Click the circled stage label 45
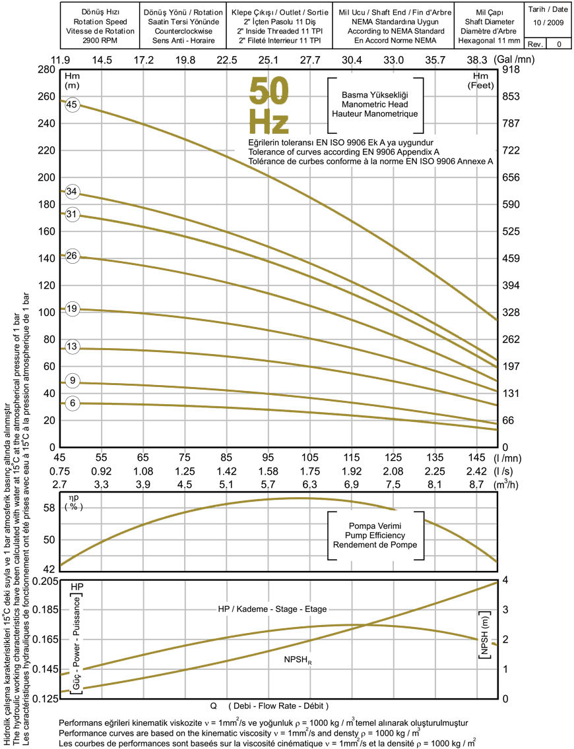pos(72,104)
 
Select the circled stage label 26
pos(72,256)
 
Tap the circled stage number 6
pos(72,404)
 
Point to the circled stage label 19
pos(72,309)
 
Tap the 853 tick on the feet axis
pos(512,96)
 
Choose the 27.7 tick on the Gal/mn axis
pos(310,60)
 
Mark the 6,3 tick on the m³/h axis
pos(310,485)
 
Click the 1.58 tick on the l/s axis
pos(269,471)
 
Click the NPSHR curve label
pos(298,659)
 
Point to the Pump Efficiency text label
pos(378,535)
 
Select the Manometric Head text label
pos(375,104)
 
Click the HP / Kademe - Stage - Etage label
pos(272,609)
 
